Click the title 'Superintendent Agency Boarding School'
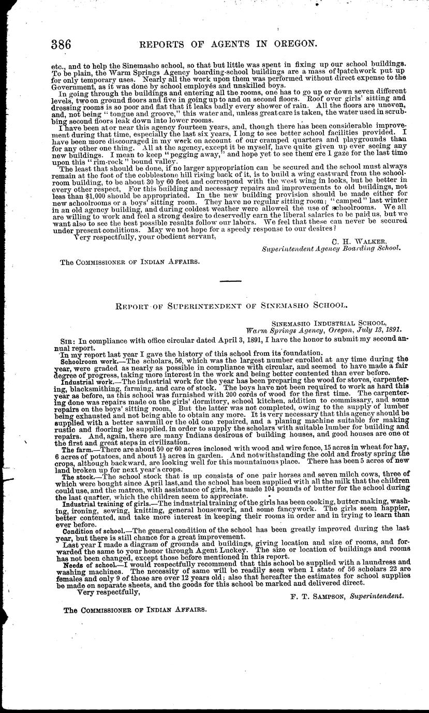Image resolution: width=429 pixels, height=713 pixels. (x=331, y=248)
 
